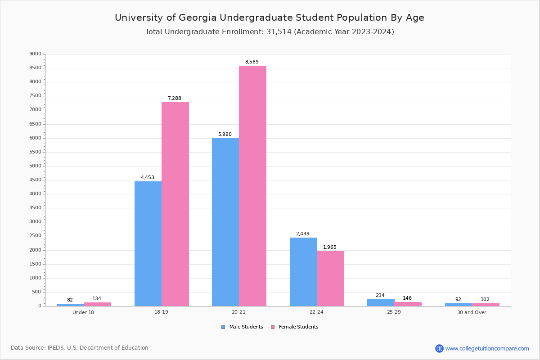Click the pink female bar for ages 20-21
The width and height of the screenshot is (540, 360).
point(252,186)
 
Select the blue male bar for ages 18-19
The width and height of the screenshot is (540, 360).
point(148,243)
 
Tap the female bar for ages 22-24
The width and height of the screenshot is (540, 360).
point(330,279)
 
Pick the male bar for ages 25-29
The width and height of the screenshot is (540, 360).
point(381,302)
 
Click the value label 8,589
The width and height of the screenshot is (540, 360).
point(252,62)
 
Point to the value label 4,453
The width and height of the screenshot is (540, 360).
point(147,178)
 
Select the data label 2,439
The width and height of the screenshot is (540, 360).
point(302,234)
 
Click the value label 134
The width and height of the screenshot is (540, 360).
point(97,299)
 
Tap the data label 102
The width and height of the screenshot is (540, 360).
point(485,300)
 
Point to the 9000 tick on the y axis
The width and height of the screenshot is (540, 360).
point(35,54)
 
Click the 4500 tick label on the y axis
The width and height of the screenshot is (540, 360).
point(35,180)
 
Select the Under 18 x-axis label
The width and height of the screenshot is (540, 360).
point(83,313)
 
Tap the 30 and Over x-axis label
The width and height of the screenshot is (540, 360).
point(472,313)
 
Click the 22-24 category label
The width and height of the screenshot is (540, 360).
point(316,313)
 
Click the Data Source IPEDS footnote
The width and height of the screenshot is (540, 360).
point(80,348)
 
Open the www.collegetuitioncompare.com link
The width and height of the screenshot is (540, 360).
point(487,348)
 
